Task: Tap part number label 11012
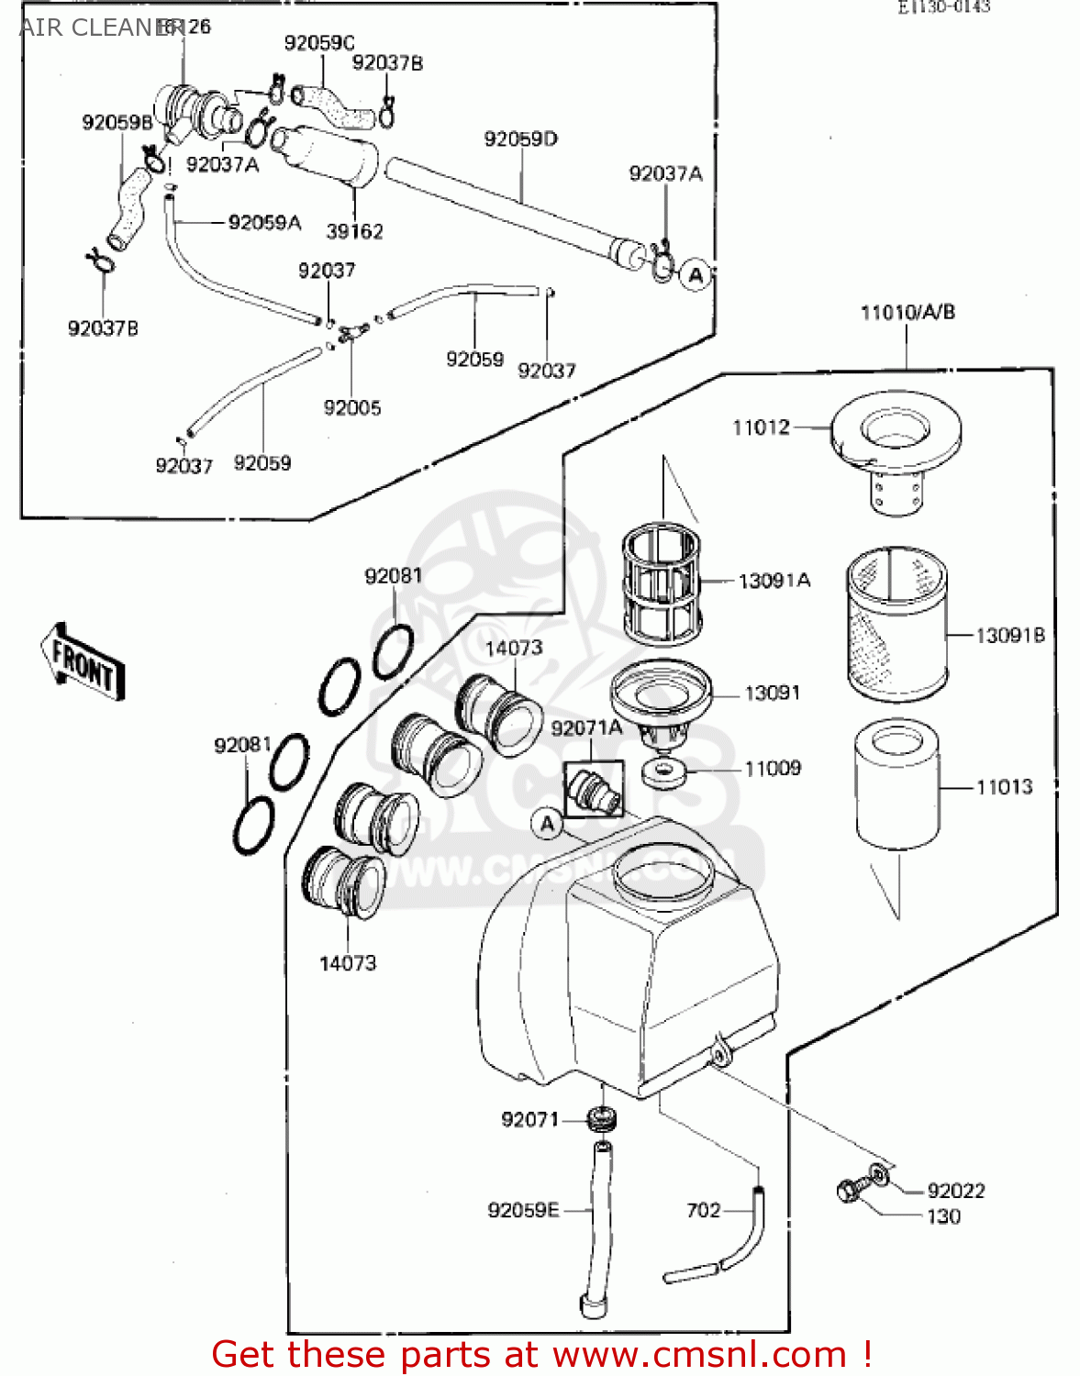pos(761,427)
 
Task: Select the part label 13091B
pos(1009,635)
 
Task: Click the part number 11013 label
pos(1004,787)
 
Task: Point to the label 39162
pos(354,231)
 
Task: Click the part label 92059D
pos(520,139)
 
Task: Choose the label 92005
pos(351,407)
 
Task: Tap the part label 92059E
pos(523,1210)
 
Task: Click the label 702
pos(704,1210)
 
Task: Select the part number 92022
pos(955,1191)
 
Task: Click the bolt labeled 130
pos(850,1191)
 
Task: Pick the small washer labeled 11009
pos(663,772)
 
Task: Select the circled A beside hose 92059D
pos(696,274)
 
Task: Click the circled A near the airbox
pos(548,824)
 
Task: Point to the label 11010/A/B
pos(907,313)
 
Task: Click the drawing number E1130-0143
pos(943,7)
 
